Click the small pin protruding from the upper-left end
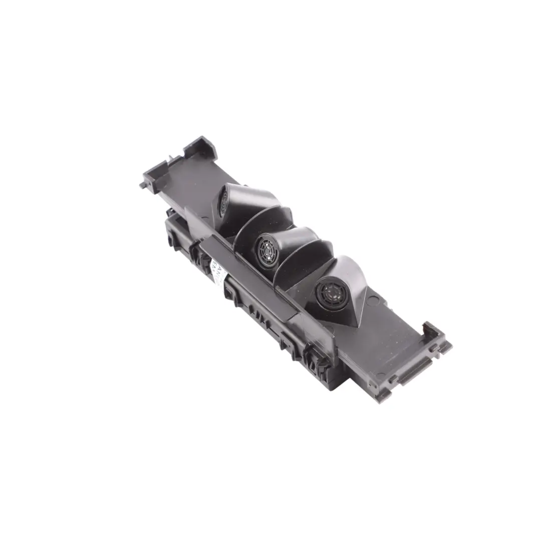[x=142, y=184]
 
